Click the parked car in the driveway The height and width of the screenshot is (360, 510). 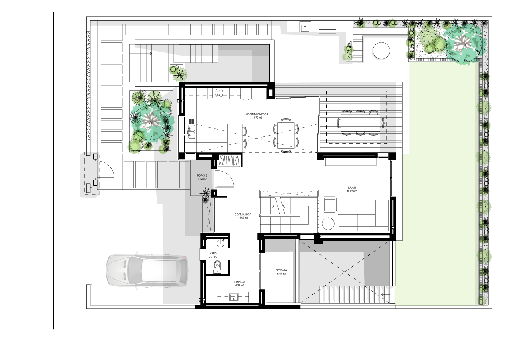coord(147,271)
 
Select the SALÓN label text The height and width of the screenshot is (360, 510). coord(352,188)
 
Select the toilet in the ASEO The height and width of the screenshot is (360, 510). coord(217,267)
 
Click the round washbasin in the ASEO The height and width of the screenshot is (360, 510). coord(221,244)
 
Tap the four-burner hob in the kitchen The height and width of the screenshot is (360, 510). coord(219,93)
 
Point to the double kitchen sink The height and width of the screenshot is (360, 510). coord(191,132)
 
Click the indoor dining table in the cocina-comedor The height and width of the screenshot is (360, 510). coord(286,135)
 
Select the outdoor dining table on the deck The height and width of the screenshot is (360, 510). coord(360,123)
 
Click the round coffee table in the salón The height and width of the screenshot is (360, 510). coord(328,224)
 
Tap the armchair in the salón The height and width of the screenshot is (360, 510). coord(328,204)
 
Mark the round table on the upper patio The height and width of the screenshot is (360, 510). coord(381,51)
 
